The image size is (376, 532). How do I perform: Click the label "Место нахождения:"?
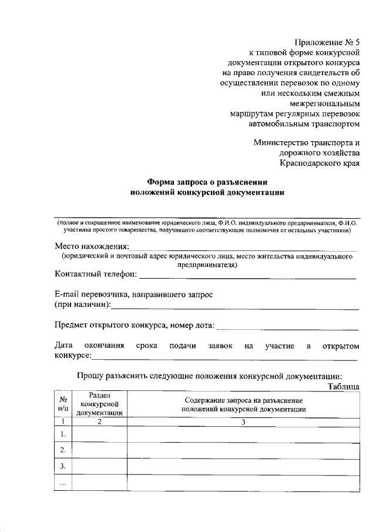pos(91,246)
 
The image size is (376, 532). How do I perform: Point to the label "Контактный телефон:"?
pos(96,274)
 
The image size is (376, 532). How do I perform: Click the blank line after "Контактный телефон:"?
pos(247,275)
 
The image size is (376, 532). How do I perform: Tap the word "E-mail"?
pos(69,294)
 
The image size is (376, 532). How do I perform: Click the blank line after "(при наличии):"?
pos(235,306)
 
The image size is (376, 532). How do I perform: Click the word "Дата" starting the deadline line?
pos(64,346)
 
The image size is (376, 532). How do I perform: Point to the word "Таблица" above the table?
pos(343,386)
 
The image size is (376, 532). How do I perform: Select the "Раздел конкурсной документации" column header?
pos(99,404)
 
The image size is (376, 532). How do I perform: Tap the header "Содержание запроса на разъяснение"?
pos(243,400)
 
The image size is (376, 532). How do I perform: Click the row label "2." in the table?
pos(62,450)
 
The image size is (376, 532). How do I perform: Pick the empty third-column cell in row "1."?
pos(243,434)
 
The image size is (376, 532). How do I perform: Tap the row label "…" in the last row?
pos(62,483)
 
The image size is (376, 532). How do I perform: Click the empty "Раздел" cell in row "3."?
pos(99,466)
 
